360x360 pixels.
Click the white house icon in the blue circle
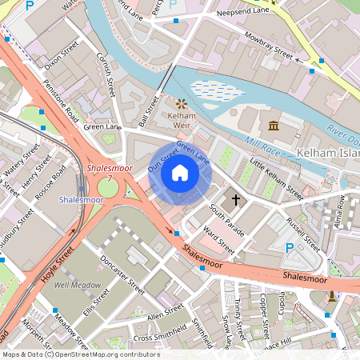pyautogui.click(x=180, y=173)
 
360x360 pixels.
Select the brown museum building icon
pyautogui.click(x=274, y=126)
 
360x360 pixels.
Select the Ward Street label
pyautogui.click(x=218, y=239)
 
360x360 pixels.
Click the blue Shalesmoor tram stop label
pyautogui.click(x=82, y=199)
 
